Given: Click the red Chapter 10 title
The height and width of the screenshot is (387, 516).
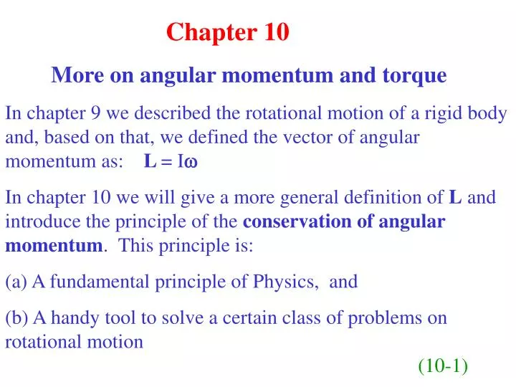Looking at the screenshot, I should [x=227, y=32].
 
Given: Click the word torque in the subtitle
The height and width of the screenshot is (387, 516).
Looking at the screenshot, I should [x=414, y=75].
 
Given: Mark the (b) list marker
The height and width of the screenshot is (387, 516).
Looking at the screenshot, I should [x=16, y=318].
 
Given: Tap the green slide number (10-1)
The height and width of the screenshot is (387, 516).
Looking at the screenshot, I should [x=443, y=366].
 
